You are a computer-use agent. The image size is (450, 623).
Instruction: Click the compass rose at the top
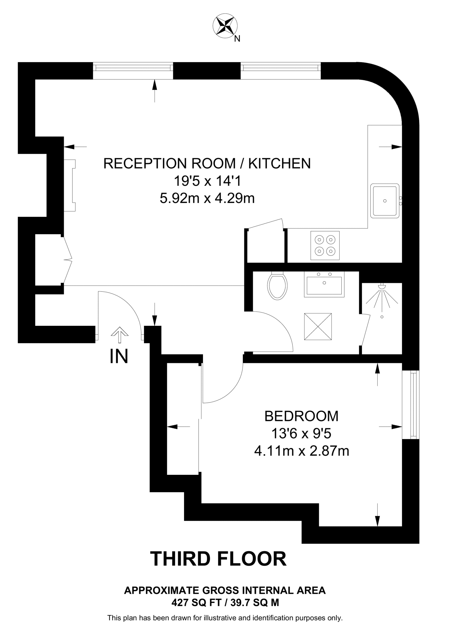coord(225,26)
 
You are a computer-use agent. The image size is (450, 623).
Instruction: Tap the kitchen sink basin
coord(385,201)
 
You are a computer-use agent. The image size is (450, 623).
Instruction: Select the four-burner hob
coord(325,245)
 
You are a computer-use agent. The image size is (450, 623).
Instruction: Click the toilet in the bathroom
coord(277,286)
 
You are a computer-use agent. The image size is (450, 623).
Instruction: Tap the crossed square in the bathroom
coord(318,326)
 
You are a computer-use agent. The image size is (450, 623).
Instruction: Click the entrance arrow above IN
coord(119,335)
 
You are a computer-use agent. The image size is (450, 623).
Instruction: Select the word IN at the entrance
coord(119,356)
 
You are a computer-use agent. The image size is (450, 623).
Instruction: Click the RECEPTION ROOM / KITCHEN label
coord(207,164)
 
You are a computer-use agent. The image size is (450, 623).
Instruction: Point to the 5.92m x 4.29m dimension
coord(207,199)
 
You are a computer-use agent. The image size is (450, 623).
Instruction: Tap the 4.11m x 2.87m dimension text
coord(301,451)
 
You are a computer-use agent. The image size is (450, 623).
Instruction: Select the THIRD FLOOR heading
coord(218,559)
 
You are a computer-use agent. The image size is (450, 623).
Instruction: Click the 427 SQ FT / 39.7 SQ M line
coord(225,603)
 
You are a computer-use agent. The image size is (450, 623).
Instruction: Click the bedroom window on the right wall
coord(411,405)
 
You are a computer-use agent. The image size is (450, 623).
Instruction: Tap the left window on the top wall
coord(133,71)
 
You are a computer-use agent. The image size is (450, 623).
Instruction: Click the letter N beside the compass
coord(237,39)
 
